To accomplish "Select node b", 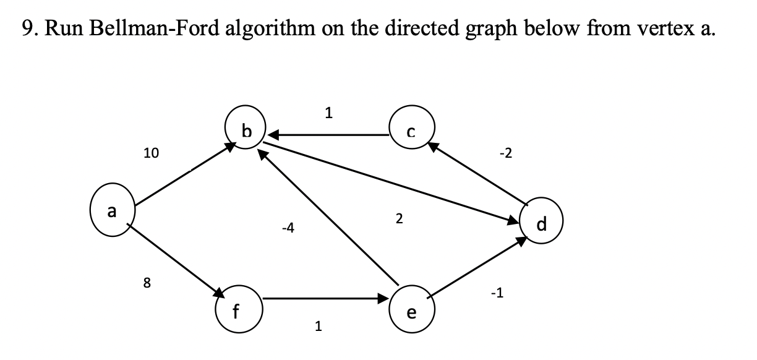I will click(246, 130).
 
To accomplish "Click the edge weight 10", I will click(150, 154).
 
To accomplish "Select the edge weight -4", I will click(288, 229).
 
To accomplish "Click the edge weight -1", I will click(496, 293).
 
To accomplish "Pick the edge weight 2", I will click(399, 218).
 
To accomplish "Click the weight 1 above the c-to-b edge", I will click(328, 113).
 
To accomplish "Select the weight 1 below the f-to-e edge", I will click(318, 327).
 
